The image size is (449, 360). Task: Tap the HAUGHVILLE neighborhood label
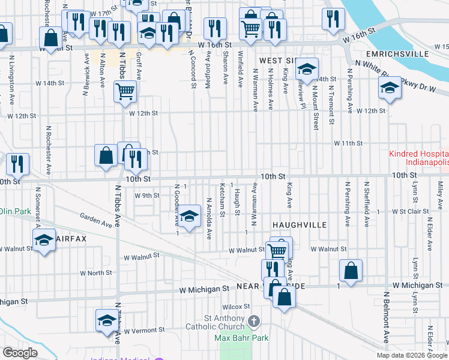coord(299,224)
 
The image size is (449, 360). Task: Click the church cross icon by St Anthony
coord(254,322)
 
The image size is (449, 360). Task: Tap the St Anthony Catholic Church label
coord(226,322)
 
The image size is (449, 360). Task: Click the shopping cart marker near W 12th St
coord(125,91)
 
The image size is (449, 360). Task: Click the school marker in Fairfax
coord(44,241)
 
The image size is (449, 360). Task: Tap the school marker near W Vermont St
coord(106,319)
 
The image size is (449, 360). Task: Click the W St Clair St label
coord(412,212)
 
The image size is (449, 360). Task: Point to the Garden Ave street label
coord(96,220)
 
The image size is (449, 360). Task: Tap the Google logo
coord(20,353)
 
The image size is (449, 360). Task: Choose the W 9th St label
coord(147,196)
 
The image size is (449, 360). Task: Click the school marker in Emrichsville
coord(390,89)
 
